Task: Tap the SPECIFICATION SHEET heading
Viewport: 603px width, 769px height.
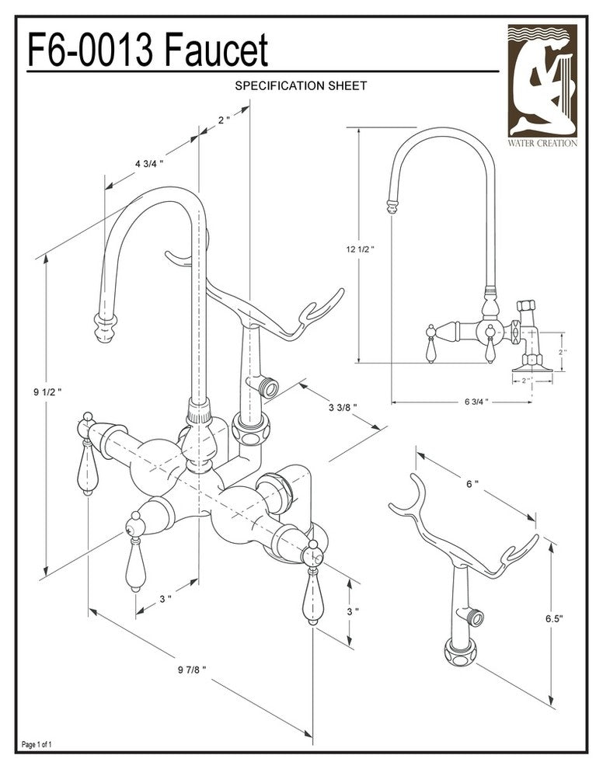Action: (x=301, y=86)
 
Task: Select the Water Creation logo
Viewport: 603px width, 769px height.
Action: (x=542, y=85)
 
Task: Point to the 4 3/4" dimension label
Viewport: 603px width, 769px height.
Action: (x=148, y=163)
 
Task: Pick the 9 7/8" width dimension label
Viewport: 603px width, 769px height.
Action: (x=190, y=669)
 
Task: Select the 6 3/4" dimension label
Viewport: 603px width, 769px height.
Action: (x=476, y=402)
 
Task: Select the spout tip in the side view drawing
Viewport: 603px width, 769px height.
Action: (x=392, y=206)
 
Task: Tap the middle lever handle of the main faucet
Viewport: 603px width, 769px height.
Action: (x=135, y=561)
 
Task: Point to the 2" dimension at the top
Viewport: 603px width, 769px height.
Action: (x=224, y=120)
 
